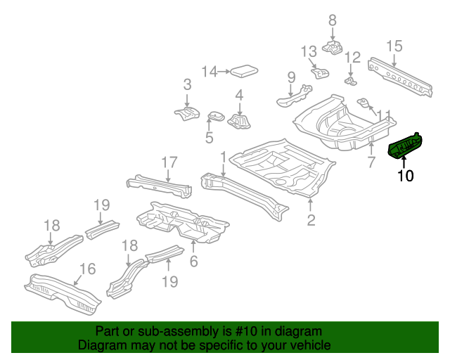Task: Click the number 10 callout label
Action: [x=406, y=176]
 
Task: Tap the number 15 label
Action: [x=394, y=46]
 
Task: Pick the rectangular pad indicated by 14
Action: [x=243, y=70]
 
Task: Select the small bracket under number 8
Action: [x=332, y=48]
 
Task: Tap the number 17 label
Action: [x=169, y=162]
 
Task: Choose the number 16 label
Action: [x=87, y=269]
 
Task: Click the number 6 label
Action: [x=194, y=262]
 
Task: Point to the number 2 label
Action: [x=311, y=221]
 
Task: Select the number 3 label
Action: [x=187, y=85]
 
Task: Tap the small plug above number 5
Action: [x=214, y=115]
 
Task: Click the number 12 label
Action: [x=352, y=58]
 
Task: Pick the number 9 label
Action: [x=290, y=77]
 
